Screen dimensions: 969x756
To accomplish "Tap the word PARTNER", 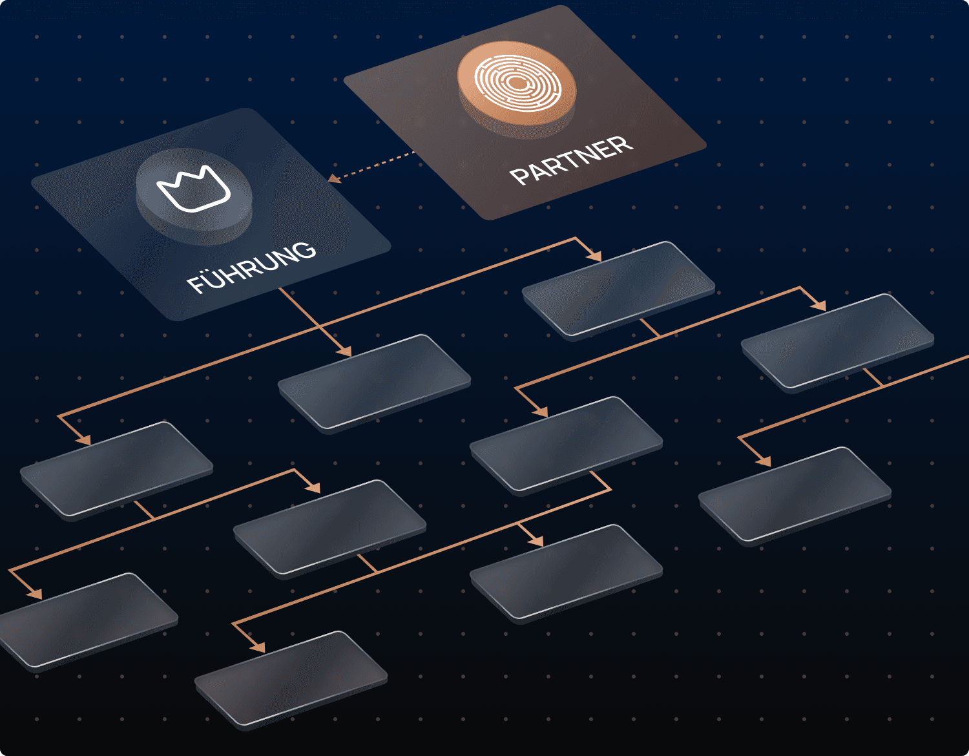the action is click(571, 160).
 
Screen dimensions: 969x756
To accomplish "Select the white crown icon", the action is click(193, 190).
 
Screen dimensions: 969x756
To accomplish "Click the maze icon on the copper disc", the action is click(517, 83).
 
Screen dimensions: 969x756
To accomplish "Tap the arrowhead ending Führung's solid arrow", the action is click(345, 351).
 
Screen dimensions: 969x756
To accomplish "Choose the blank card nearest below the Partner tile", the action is click(618, 289).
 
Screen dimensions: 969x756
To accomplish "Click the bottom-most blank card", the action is click(291, 679).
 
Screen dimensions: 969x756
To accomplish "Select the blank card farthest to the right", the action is click(838, 341).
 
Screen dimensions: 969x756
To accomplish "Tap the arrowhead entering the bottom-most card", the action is click(258, 647).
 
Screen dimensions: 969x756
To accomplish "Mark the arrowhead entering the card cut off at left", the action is click(35, 594).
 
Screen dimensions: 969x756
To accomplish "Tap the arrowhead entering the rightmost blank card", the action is click(818, 305).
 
